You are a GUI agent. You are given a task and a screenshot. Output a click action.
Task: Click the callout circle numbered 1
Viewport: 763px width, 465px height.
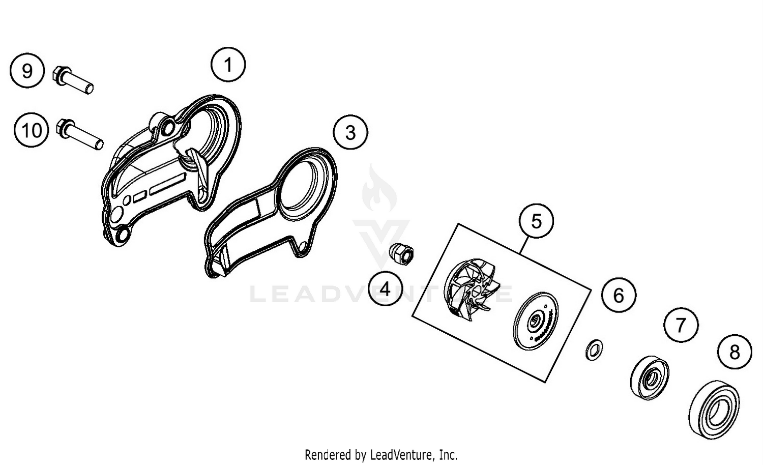pyautogui.click(x=228, y=65)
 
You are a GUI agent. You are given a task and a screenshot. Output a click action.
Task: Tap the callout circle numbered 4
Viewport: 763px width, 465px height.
pyautogui.click(x=385, y=289)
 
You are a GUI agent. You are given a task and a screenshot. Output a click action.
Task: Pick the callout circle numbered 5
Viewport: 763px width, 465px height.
pyautogui.click(x=536, y=221)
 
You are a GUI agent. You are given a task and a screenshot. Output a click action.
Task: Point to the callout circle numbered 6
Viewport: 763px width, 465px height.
pyautogui.click(x=619, y=295)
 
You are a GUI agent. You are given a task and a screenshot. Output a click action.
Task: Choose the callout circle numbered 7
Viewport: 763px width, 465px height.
pyautogui.click(x=681, y=325)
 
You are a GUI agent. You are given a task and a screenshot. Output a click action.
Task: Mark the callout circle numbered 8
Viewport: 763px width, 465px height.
pyautogui.click(x=735, y=352)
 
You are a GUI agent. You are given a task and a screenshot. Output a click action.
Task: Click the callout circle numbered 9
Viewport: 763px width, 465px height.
pyautogui.click(x=27, y=70)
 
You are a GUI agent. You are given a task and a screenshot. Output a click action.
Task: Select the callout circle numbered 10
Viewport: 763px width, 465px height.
pyautogui.click(x=32, y=130)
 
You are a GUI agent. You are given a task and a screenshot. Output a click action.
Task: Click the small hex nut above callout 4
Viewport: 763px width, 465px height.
pyautogui.click(x=403, y=254)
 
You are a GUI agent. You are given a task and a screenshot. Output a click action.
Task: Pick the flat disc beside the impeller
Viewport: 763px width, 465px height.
pyautogui.click(x=536, y=321)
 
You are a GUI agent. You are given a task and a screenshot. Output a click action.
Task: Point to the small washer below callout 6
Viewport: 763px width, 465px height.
pyautogui.click(x=593, y=350)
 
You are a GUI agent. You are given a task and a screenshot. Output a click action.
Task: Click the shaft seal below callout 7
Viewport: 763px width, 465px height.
pyautogui.click(x=649, y=376)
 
